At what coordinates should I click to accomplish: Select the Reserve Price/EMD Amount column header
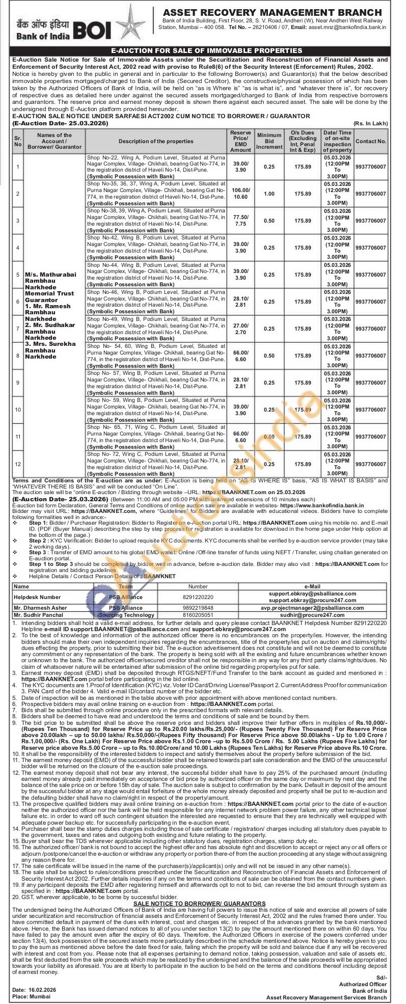point(240,141)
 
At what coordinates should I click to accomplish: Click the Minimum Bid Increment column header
point(269,141)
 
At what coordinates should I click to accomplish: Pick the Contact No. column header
point(370,141)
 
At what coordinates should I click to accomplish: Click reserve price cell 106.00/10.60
point(240,194)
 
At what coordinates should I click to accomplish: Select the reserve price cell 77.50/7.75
point(240,221)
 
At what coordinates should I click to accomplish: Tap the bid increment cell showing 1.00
point(269,194)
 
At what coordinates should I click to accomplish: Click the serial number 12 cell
point(18,464)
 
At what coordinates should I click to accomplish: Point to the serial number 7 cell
point(18,329)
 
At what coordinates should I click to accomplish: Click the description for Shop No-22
point(156,167)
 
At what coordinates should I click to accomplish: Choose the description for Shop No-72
point(156,464)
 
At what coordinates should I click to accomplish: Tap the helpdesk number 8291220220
point(198,596)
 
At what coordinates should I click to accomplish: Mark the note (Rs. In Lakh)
point(370,123)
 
